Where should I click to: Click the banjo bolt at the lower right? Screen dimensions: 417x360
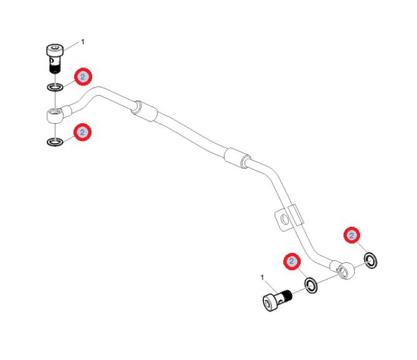pos(277,300)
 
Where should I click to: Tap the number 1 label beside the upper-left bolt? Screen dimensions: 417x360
pos(83,42)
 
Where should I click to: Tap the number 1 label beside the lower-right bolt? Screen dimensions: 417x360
pos(262,278)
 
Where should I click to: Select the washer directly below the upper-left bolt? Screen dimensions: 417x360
pos(55,87)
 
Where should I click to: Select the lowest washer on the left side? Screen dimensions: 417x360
pos(55,142)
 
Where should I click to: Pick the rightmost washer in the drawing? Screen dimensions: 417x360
pos(370,260)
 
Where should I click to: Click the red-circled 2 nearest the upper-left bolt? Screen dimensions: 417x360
pos(83,77)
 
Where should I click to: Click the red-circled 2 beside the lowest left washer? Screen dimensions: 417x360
pos(82,132)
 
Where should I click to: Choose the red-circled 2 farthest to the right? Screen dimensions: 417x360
pos(352,235)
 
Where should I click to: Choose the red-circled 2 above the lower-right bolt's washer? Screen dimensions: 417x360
pos(292,262)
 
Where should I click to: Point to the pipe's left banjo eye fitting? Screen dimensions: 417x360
pos(55,116)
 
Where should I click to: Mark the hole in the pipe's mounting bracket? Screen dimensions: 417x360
pos(285,220)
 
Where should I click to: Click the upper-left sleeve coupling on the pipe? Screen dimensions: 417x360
pos(144,111)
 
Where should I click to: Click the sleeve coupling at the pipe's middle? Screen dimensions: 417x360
pos(237,158)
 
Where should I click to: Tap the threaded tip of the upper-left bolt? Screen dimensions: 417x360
pos(55,69)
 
